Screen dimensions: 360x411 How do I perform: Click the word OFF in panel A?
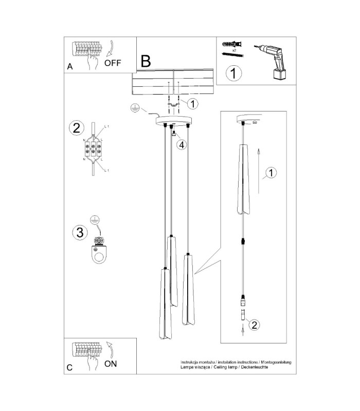pyautogui.click(x=113, y=63)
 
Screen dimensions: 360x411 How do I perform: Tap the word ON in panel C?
pyautogui.click(x=111, y=364)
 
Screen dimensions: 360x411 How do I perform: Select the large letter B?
pyautogui.click(x=146, y=61)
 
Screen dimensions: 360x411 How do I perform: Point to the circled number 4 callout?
pyautogui.click(x=182, y=144)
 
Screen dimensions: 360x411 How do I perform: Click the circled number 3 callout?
pyautogui.click(x=80, y=233)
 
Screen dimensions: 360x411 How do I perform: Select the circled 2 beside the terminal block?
pyautogui.click(x=76, y=128)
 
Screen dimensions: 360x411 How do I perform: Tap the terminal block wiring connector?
pyautogui.click(x=93, y=150)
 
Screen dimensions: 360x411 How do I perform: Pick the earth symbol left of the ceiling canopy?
pyautogui.click(x=134, y=108)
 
